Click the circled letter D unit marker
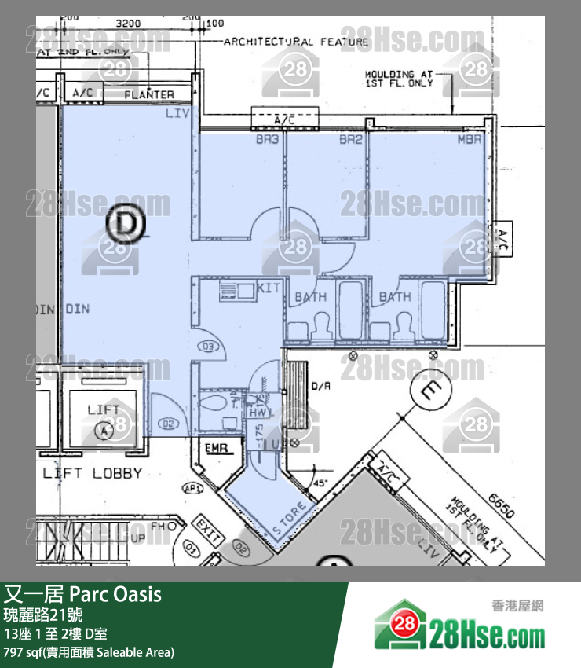click(x=126, y=225)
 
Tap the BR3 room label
click(x=267, y=140)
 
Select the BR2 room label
click(x=350, y=140)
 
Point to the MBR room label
click(x=470, y=140)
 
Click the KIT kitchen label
click(x=269, y=288)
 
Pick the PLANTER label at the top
click(x=149, y=95)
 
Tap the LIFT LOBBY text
click(x=93, y=473)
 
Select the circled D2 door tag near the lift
click(x=167, y=424)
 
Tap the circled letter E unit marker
click(x=431, y=391)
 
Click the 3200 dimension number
click(x=128, y=24)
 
